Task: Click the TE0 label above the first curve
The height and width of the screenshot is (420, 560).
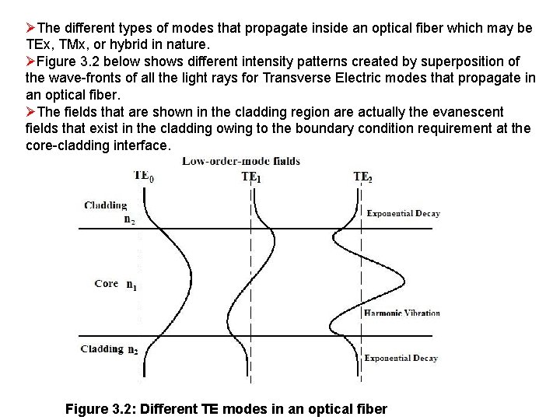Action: click(143, 176)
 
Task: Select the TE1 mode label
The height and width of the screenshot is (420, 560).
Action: click(250, 177)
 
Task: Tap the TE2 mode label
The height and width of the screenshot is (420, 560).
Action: click(362, 177)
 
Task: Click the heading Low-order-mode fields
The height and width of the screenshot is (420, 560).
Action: click(241, 162)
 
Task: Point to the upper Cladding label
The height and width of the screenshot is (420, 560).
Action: click(105, 205)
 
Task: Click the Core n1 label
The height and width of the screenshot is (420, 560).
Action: click(117, 284)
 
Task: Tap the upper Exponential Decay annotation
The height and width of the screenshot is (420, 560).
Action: click(403, 213)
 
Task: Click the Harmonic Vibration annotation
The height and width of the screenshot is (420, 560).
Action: click(402, 313)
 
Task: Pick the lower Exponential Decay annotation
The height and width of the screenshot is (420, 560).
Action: click(401, 359)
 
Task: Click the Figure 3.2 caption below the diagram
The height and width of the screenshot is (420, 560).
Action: click(226, 408)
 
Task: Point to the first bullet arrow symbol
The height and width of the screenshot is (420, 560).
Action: click(30, 28)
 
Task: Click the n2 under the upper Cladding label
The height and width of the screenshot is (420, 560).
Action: click(129, 219)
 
